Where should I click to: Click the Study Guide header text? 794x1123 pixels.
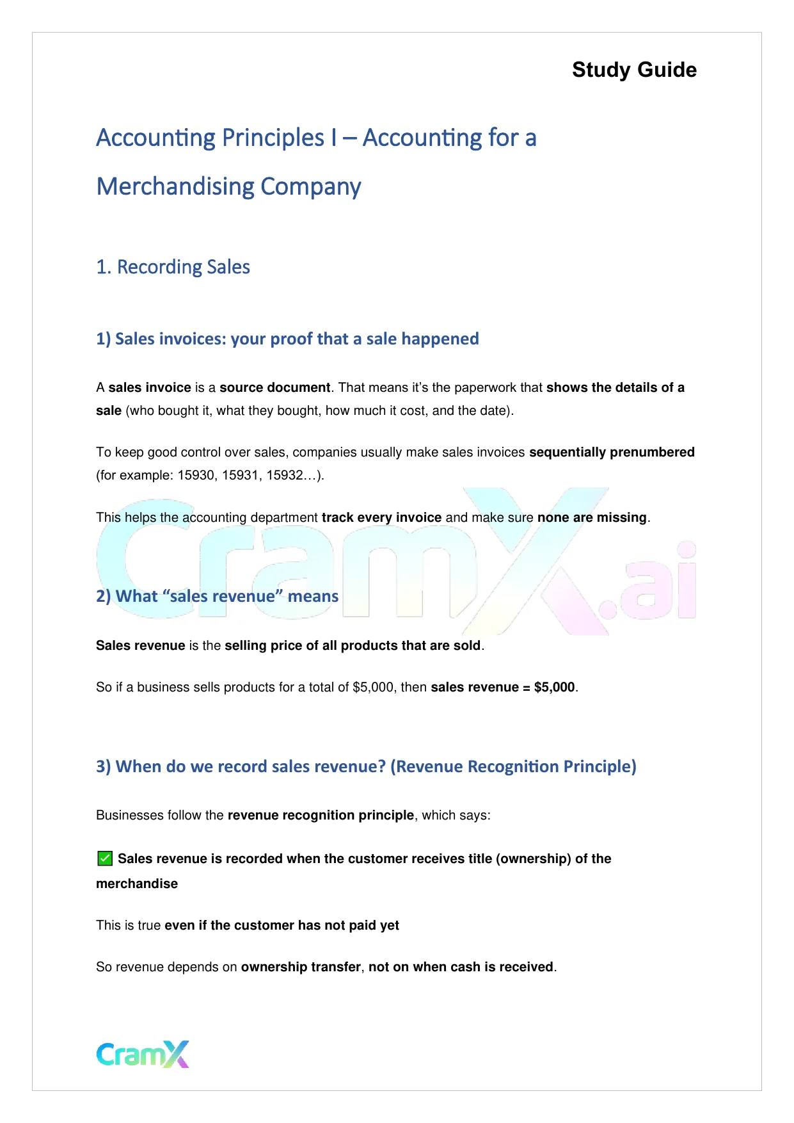click(634, 70)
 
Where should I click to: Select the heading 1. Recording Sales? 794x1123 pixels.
click(173, 267)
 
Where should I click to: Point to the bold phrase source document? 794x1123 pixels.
click(274, 387)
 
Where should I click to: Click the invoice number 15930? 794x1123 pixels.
click(196, 475)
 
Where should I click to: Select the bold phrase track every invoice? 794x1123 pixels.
click(381, 517)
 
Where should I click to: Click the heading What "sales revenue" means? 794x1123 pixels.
click(218, 596)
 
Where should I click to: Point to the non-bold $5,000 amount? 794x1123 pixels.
click(373, 687)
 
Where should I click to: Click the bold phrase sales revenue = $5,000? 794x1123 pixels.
click(503, 687)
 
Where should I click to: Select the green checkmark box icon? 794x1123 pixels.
click(105, 859)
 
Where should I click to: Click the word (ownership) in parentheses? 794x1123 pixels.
click(533, 859)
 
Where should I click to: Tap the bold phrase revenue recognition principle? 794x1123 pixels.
click(321, 815)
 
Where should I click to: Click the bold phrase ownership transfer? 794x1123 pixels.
click(301, 967)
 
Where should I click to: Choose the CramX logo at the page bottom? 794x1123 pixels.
click(143, 1054)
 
